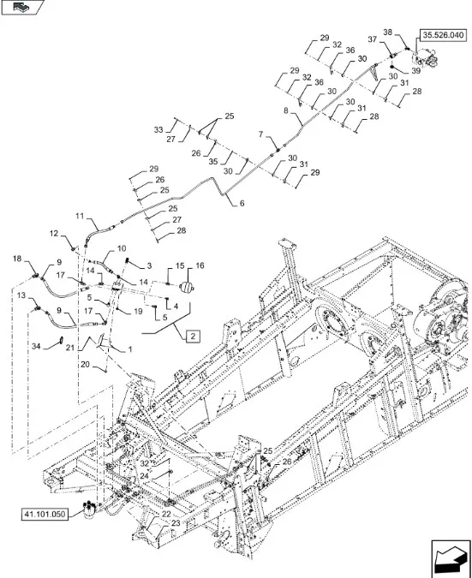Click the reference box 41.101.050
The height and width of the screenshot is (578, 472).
coord(45,515)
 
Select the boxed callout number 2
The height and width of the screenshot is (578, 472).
coord(194,337)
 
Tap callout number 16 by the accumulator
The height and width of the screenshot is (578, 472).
coord(200,265)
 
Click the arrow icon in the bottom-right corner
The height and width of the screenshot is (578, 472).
coord(451,558)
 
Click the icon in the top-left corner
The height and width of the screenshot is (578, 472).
coord(22,7)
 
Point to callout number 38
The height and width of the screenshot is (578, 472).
coord(387,33)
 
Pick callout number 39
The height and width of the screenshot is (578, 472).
coord(416,70)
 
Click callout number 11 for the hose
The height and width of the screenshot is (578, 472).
coord(80,216)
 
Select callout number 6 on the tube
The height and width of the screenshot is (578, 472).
coord(242,203)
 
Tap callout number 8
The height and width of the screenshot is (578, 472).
coord(286,110)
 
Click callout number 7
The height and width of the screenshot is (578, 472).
coord(261,134)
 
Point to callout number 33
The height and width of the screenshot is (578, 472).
coord(158,130)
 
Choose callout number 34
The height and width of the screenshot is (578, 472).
coord(36,347)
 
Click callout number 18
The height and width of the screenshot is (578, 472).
coord(17,259)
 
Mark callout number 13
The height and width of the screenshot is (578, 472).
coord(21,295)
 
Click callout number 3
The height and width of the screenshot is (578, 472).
coord(149,265)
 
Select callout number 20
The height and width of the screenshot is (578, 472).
coord(85,365)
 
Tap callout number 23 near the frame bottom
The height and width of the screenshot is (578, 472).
coord(176,523)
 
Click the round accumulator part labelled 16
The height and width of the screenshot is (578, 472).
coord(187,288)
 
